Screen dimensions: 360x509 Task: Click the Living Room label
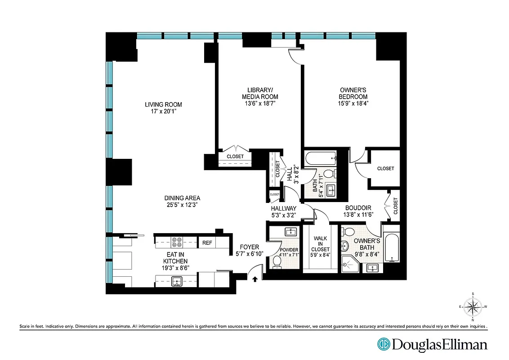(163, 104)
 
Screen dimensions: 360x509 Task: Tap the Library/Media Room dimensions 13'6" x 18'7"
(260, 103)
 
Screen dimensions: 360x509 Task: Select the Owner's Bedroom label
(353, 93)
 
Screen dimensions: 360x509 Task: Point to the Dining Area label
(182, 198)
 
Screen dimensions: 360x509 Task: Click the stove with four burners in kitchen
(177, 243)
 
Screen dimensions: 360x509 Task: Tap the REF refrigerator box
(207, 243)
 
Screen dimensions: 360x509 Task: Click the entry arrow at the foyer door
(255, 279)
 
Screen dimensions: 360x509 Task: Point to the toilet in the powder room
(277, 264)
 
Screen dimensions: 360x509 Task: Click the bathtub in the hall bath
(320, 159)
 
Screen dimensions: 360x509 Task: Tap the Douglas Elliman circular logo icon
(384, 345)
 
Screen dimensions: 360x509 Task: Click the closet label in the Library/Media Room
(235, 157)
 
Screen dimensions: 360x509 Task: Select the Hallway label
(283, 208)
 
